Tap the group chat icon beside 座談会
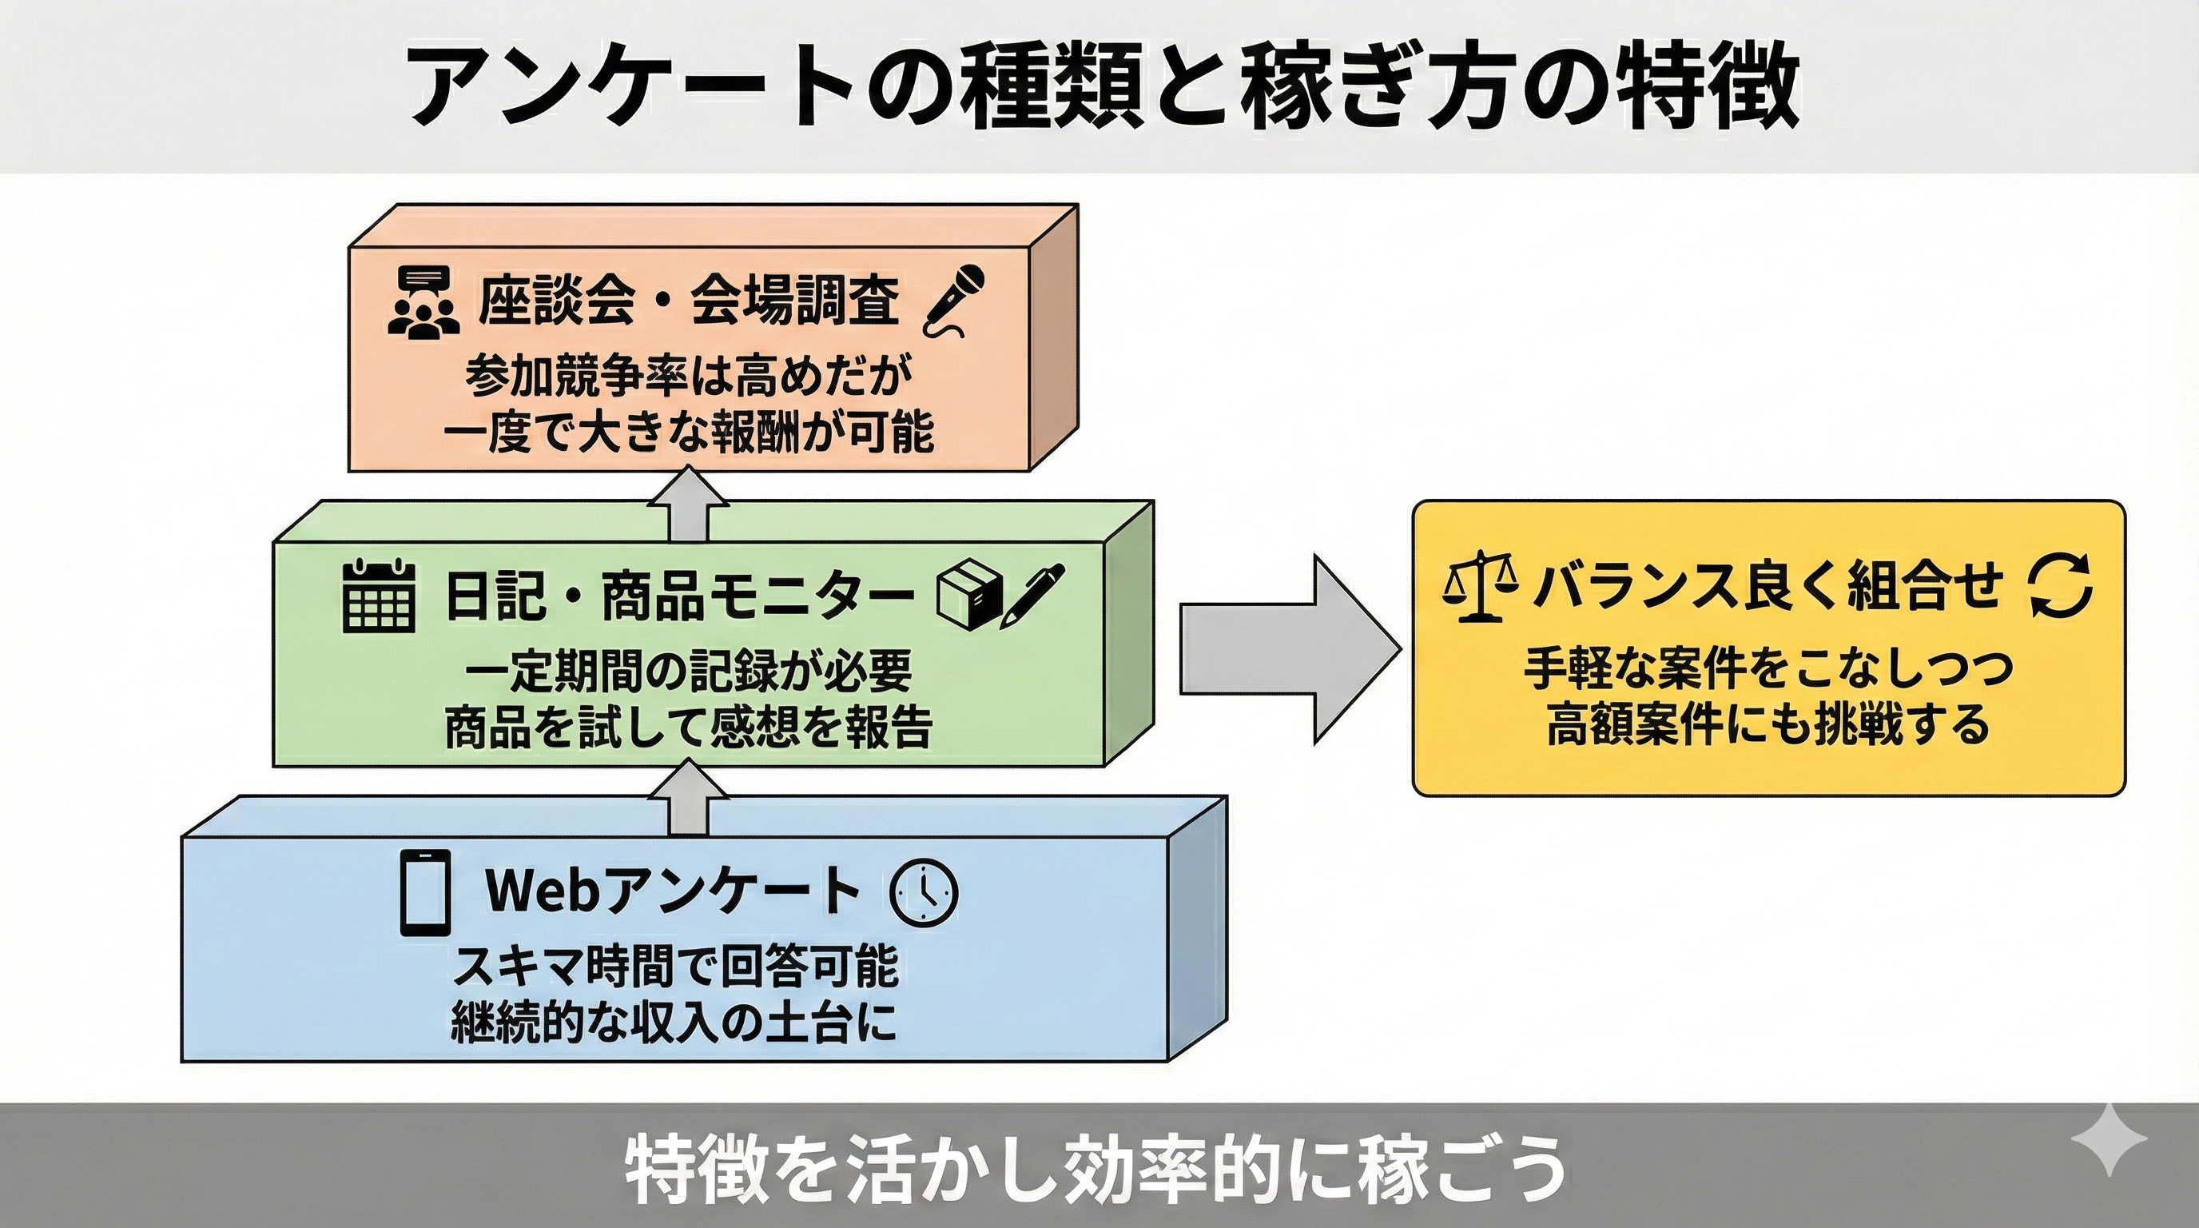point(423,304)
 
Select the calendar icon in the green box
point(378,596)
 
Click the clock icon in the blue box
point(924,892)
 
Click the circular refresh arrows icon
point(2061,589)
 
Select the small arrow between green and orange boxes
point(687,502)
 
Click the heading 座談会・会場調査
point(688,302)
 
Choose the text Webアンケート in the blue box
point(673,890)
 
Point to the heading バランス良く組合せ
point(1768,588)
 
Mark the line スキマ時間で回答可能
point(674,967)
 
